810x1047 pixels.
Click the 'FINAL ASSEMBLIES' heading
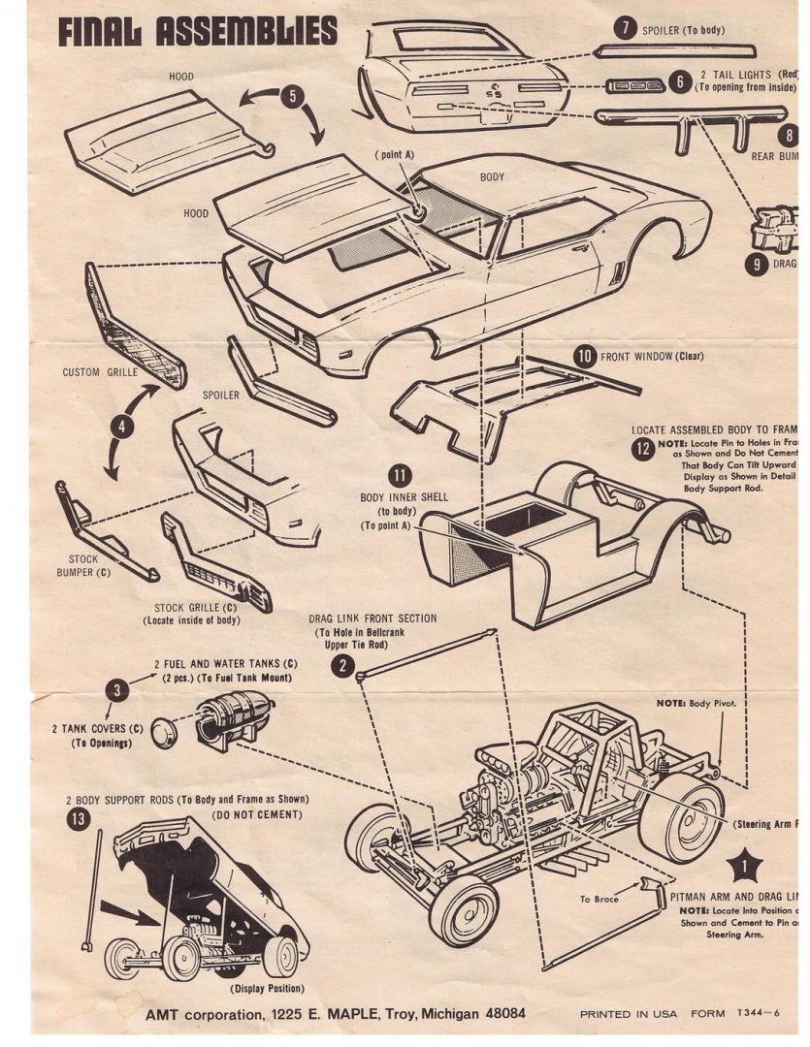[x=198, y=31]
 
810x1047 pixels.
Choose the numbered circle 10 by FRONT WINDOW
[x=584, y=356]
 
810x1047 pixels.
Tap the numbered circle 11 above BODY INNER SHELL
[x=400, y=475]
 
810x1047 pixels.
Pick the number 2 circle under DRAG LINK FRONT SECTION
[x=341, y=664]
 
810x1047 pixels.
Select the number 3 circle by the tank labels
[x=117, y=689]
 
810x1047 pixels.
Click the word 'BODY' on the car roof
[x=493, y=177]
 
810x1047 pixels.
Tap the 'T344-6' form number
[x=757, y=1014]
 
